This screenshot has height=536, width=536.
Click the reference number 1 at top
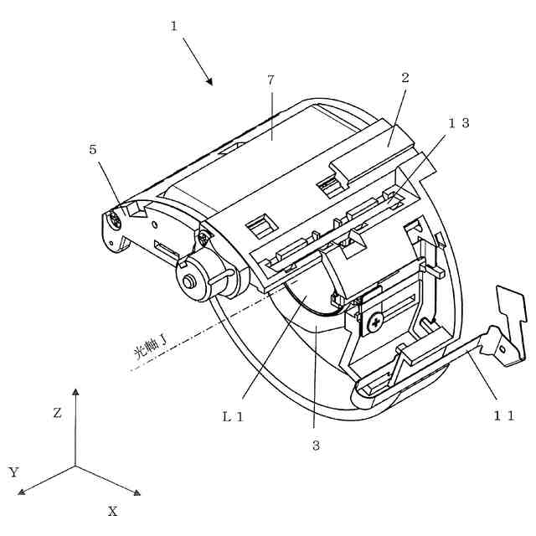[173, 25]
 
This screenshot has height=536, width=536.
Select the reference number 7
[271, 80]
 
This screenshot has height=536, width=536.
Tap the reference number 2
[405, 77]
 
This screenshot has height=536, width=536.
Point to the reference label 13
[458, 122]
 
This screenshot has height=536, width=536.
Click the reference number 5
[92, 151]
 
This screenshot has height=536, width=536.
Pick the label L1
[233, 416]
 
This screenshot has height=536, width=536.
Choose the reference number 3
[316, 445]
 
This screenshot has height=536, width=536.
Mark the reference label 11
[503, 415]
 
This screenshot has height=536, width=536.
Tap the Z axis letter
[57, 413]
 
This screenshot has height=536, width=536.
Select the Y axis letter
[13, 472]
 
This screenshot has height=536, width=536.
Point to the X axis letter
[112, 510]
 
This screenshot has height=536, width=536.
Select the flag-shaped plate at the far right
[510, 310]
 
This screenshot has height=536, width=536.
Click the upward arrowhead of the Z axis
[75, 392]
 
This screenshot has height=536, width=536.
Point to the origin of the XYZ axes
[75, 466]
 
